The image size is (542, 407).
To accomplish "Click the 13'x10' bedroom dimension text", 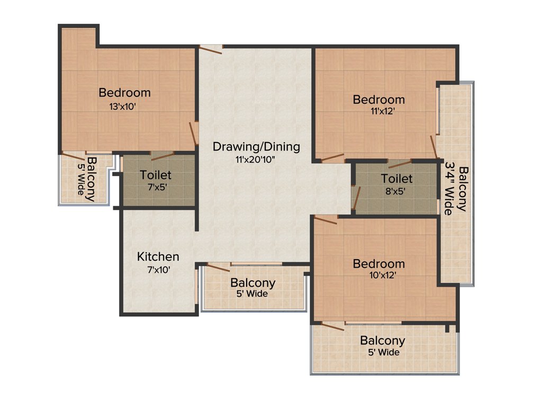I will click(124, 106).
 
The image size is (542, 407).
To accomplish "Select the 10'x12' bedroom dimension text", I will click(379, 275).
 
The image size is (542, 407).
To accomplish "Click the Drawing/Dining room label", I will click(256, 147).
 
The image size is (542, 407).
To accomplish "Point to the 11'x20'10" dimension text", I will click(256, 159).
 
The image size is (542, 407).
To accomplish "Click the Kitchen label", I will click(158, 257).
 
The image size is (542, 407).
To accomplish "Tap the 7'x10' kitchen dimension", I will click(158, 269).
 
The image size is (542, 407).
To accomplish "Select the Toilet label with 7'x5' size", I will click(155, 175).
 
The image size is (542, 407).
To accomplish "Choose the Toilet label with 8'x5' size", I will click(396, 179).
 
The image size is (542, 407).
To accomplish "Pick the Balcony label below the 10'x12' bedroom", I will click(382, 341).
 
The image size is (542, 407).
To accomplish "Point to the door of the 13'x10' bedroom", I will click(193, 129).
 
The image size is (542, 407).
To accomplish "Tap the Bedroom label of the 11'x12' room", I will click(379, 100).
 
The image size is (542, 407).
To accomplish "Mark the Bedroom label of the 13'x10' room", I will click(124, 93).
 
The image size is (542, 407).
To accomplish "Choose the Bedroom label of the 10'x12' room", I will click(379, 263).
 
